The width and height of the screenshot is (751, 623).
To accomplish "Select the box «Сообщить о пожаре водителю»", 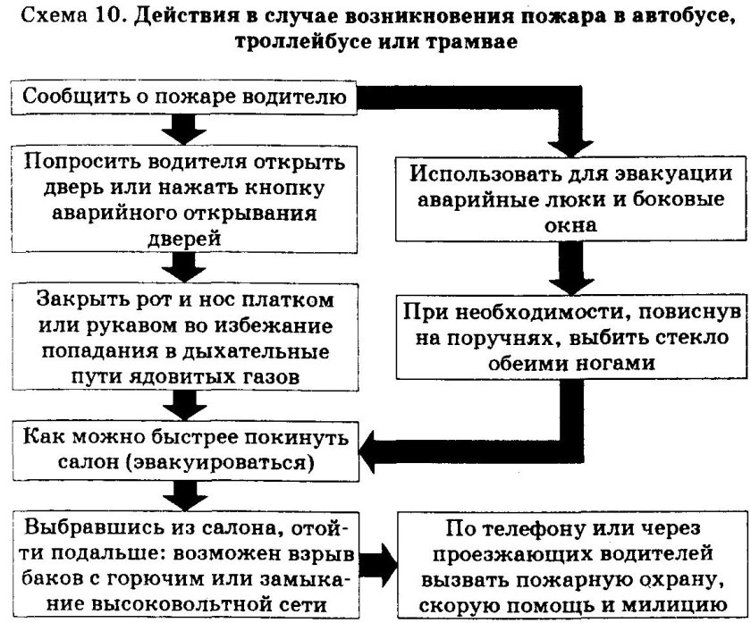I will click(x=184, y=97).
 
